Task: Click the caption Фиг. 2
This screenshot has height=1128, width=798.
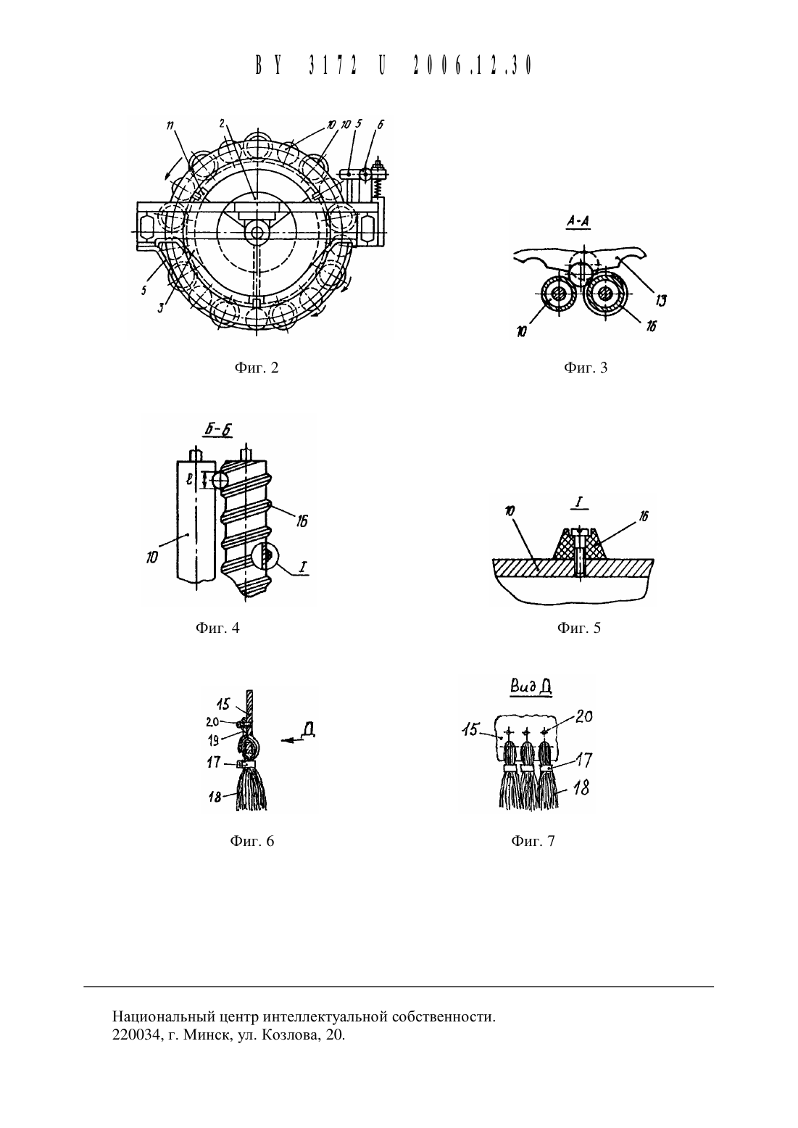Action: [x=257, y=368]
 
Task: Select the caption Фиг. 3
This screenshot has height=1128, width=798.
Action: [x=586, y=368]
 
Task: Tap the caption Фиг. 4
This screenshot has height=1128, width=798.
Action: [x=217, y=628]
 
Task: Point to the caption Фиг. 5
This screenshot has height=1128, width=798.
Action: [x=579, y=628]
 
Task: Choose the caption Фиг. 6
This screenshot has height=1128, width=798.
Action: [x=252, y=842]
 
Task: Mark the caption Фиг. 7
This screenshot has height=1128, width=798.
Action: [x=533, y=842]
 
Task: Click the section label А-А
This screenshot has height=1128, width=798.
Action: [x=578, y=222]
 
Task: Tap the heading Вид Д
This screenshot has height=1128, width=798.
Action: [x=530, y=688]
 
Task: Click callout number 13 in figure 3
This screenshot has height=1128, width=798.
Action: [x=660, y=301]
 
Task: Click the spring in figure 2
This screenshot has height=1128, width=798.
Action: [x=375, y=190]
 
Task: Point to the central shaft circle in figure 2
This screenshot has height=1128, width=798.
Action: [x=257, y=232]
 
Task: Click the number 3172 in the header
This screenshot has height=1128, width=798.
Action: [x=332, y=65]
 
